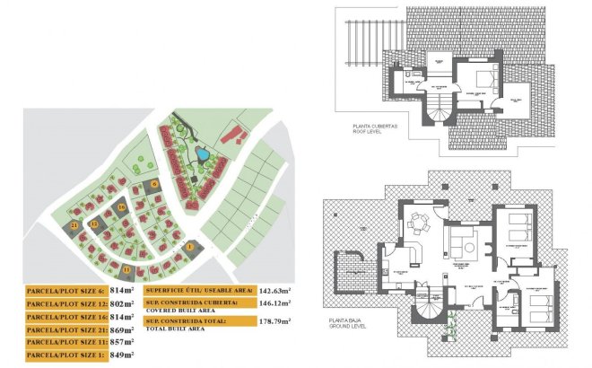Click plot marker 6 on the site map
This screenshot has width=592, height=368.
point(154,184)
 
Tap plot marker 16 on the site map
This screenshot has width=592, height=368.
point(121,208)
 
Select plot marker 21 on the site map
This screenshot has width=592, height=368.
point(75,226)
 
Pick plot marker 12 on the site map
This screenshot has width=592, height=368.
point(93,224)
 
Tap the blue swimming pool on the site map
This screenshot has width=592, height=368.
point(204,155)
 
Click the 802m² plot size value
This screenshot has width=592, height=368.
point(122,304)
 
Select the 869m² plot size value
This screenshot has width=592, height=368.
point(122,329)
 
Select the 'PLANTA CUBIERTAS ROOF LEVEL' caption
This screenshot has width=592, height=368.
point(357,129)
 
